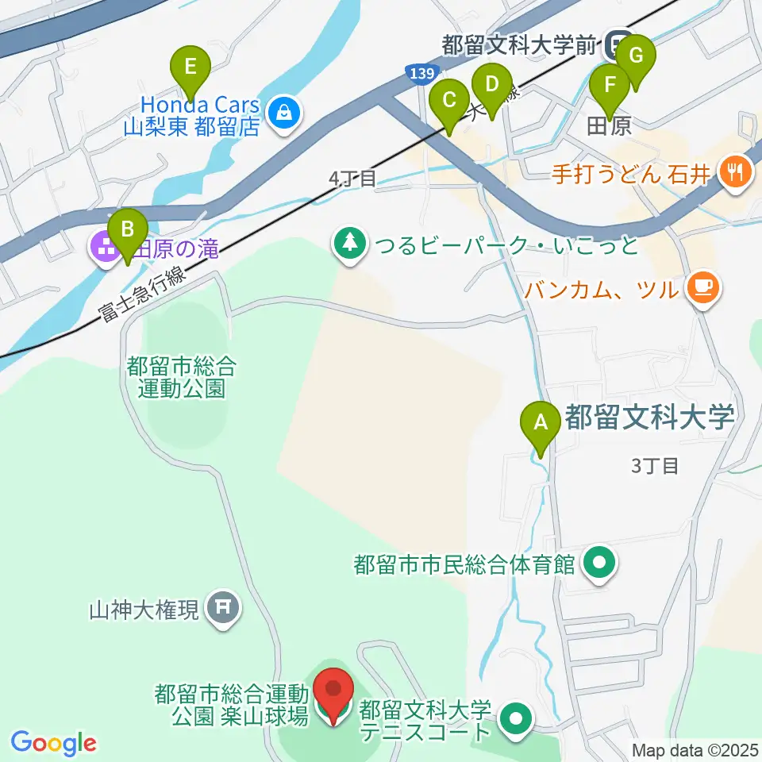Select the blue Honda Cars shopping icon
tap(283, 114)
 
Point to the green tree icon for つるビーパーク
tap(349, 244)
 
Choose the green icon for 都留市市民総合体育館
tap(600, 564)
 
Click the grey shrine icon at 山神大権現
tap(221, 609)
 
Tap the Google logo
tap(54, 744)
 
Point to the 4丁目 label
tap(352, 179)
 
